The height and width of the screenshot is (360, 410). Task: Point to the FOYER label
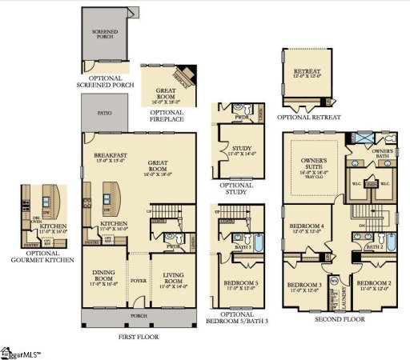click(x=139, y=280)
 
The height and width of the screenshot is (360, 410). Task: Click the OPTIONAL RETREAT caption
click(x=309, y=118)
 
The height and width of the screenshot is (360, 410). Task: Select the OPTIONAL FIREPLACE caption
click(x=166, y=115)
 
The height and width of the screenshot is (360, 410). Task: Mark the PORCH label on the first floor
click(x=139, y=315)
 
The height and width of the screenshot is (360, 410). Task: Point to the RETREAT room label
click(x=309, y=72)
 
